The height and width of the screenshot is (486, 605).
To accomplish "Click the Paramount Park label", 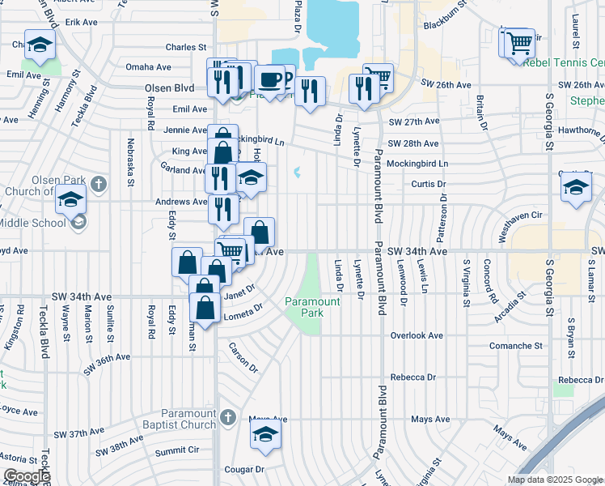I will [x=312, y=306].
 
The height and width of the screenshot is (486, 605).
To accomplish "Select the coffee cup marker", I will [x=270, y=80].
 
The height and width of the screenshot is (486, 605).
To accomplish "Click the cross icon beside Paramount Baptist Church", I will [x=228, y=417].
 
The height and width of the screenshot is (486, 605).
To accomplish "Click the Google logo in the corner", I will [x=26, y=476].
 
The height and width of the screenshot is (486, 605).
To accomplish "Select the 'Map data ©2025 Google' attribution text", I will [x=555, y=480].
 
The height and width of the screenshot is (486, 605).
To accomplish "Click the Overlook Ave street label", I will [x=417, y=335].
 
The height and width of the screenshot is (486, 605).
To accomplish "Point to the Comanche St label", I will [x=516, y=345].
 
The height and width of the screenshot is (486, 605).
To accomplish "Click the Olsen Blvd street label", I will [x=169, y=87].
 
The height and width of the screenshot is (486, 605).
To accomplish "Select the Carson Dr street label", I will [x=243, y=357].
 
